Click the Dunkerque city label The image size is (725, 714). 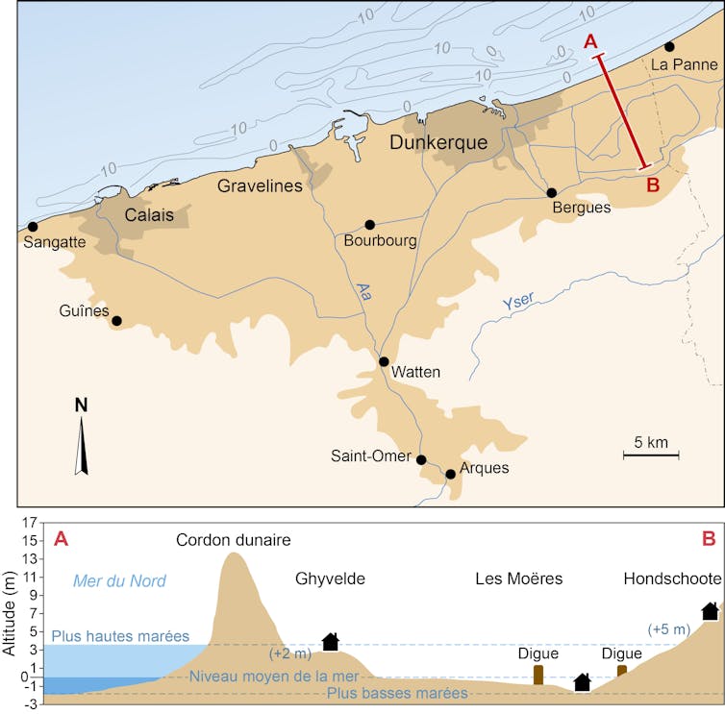[438, 143]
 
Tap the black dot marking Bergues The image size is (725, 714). [552, 193]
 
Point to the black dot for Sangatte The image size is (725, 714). [33, 226]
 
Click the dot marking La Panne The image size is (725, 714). [669, 46]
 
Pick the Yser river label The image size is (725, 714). [520, 301]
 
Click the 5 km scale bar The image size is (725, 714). [651, 452]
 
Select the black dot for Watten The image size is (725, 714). [384, 362]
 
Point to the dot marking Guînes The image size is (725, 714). [117, 321]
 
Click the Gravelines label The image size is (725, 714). [260, 185]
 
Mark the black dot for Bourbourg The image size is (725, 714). [370, 225]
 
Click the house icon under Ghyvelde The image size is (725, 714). [331, 641]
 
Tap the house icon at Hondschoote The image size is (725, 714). [710, 611]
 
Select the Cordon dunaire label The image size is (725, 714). [233, 540]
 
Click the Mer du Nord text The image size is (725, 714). [119, 580]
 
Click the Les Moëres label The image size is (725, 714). [518, 579]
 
